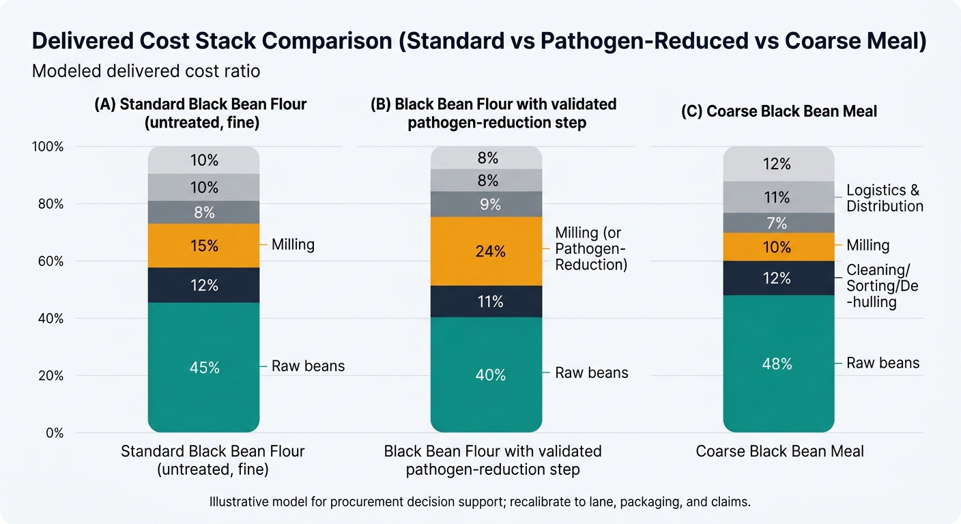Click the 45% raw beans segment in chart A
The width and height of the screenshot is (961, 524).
203,367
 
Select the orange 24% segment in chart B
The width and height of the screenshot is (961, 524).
486,251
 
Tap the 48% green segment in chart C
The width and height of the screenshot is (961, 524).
778,364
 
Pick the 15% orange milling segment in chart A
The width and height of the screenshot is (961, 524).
203,246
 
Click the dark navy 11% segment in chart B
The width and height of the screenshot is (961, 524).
486,302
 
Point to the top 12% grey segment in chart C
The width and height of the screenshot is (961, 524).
778,164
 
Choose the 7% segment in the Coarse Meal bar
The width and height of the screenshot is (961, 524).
778,223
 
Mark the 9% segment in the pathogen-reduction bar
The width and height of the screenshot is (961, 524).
486,204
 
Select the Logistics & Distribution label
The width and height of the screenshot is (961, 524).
885,198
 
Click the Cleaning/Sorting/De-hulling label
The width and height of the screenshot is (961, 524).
882,286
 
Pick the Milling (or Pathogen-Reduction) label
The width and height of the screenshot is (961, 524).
590,249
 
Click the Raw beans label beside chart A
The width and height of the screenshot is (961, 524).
308,366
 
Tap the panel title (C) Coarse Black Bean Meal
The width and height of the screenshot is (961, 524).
779,112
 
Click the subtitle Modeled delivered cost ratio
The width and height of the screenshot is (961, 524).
146,71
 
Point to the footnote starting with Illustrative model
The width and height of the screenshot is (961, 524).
480,502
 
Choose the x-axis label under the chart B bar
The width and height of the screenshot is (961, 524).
493,460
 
